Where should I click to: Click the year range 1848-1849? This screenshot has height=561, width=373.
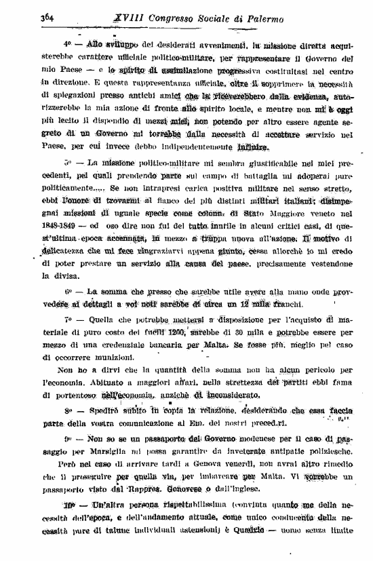62,228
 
